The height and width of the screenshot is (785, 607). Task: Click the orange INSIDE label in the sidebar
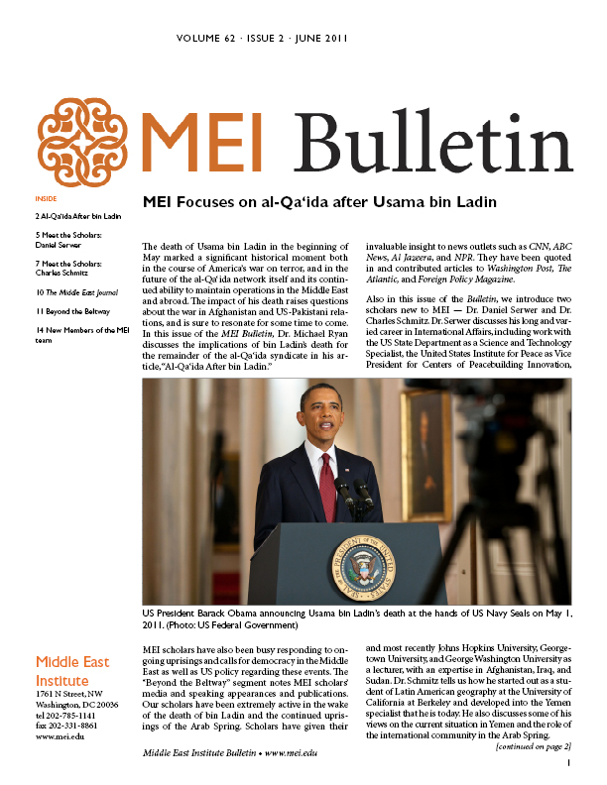pos(46,198)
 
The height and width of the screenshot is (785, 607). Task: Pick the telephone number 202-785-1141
pos(75,716)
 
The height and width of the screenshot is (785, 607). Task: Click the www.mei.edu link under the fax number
pos(59,737)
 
